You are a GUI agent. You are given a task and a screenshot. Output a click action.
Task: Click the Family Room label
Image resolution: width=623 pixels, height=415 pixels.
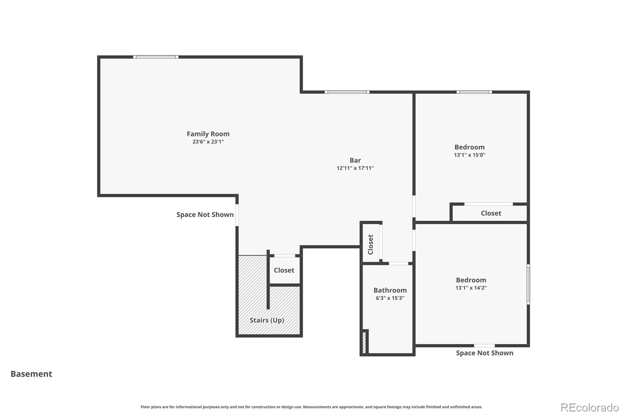point(208,134)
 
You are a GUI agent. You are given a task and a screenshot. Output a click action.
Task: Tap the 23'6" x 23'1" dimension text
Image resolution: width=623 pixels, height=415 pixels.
point(208,142)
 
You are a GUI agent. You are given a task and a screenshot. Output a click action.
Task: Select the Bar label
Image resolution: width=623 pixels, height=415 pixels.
point(355,160)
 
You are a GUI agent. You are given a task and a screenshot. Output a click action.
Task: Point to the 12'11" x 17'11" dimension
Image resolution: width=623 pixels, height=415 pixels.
point(355,168)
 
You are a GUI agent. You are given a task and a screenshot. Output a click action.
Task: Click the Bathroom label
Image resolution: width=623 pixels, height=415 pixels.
point(390,290)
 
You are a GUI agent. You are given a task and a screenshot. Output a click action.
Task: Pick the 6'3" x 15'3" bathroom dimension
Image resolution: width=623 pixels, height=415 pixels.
point(390,298)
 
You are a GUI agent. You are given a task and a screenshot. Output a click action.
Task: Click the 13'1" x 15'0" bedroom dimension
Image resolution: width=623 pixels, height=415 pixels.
point(469,155)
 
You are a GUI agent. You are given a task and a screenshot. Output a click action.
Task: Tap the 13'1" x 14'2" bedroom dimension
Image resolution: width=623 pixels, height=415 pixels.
point(471,288)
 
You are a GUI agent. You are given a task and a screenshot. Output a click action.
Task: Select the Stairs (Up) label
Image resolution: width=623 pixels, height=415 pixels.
point(267,320)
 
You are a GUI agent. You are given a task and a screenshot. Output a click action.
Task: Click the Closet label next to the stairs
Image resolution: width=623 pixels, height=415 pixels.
point(284,270)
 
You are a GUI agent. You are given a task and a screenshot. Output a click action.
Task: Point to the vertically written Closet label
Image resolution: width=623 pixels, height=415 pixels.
point(370,244)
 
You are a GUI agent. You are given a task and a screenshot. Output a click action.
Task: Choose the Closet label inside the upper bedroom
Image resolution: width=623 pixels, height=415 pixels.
point(491,213)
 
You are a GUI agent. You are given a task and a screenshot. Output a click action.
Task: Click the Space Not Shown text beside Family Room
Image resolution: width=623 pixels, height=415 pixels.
point(205,215)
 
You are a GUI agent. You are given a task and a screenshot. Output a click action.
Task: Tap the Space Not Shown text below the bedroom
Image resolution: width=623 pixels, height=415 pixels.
point(484,353)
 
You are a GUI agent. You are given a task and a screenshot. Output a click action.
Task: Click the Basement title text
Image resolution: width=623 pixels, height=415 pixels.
point(31,374)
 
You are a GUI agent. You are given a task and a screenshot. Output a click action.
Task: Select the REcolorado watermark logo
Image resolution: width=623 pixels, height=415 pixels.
point(589,408)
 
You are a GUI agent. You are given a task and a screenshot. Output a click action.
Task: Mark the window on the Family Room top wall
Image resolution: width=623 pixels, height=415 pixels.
point(156,57)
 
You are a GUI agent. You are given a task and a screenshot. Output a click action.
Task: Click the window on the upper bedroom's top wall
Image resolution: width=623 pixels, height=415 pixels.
point(474,92)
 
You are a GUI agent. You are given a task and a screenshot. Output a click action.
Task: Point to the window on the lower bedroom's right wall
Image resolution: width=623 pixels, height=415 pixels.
point(528,284)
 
